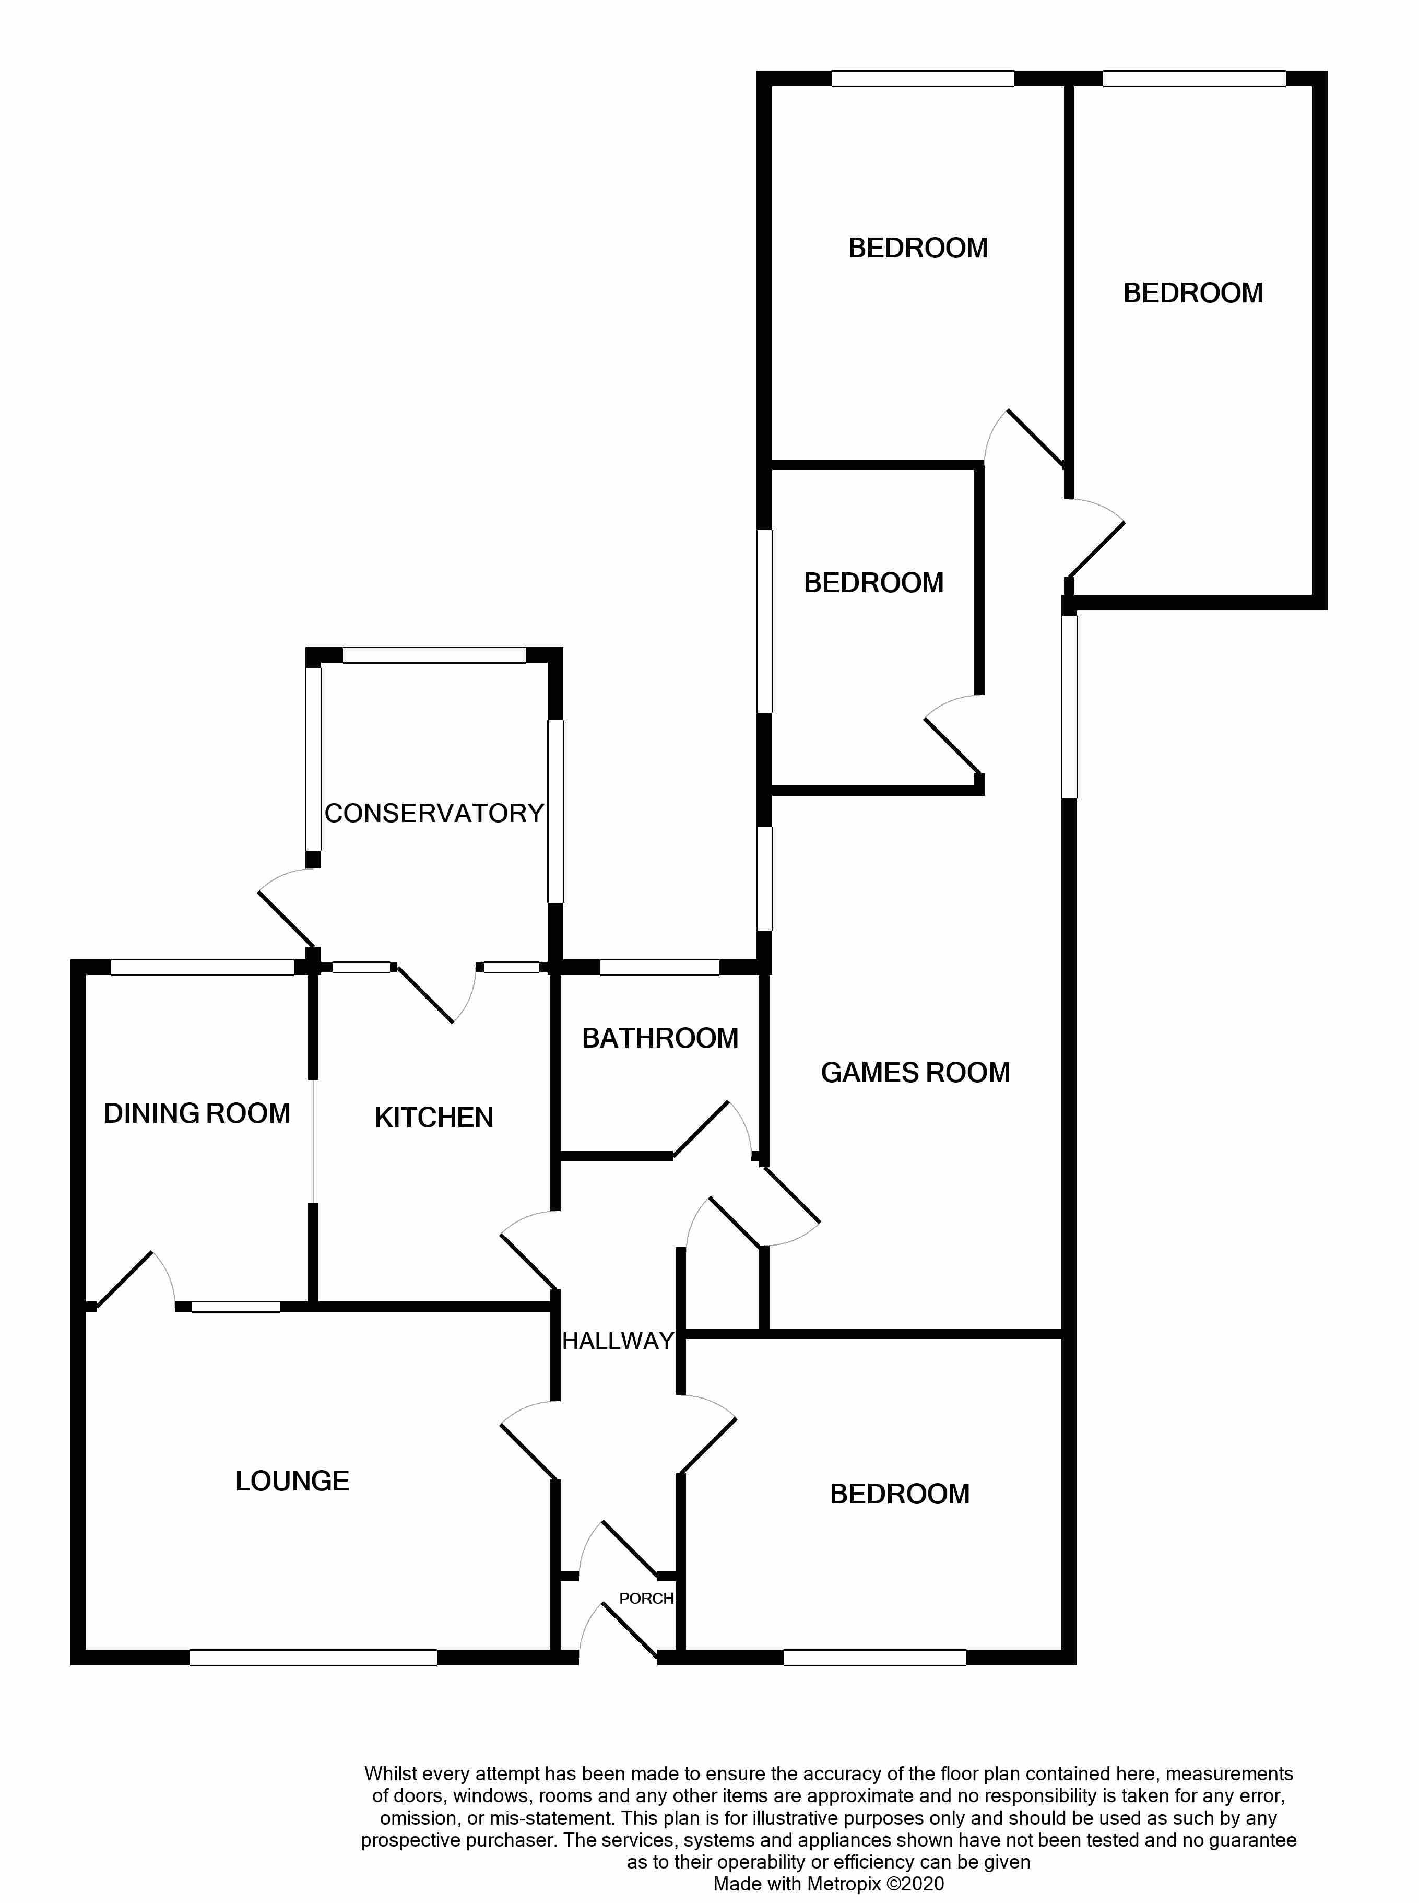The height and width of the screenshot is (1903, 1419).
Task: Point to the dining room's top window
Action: click(203, 967)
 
